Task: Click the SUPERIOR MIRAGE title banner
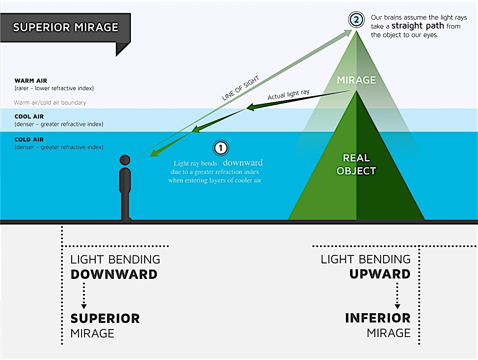pos(66,28)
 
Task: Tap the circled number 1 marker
pos(220,148)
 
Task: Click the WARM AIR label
pos(31,81)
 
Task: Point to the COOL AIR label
pos(29,117)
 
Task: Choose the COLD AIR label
pos(29,140)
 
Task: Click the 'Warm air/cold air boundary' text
pos(50,102)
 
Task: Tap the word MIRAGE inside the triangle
pos(357,79)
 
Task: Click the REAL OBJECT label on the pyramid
pos(356,164)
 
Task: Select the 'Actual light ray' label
pos(289,95)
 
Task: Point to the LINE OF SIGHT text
pos(240,88)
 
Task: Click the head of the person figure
pos(125,160)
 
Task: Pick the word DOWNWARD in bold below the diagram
pos(114,274)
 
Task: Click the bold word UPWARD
pos(380,274)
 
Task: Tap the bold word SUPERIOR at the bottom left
pos(105,318)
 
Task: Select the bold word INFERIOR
pos(378,318)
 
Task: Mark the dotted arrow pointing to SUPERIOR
pos(84,295)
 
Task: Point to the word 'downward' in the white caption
pos(243,163)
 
